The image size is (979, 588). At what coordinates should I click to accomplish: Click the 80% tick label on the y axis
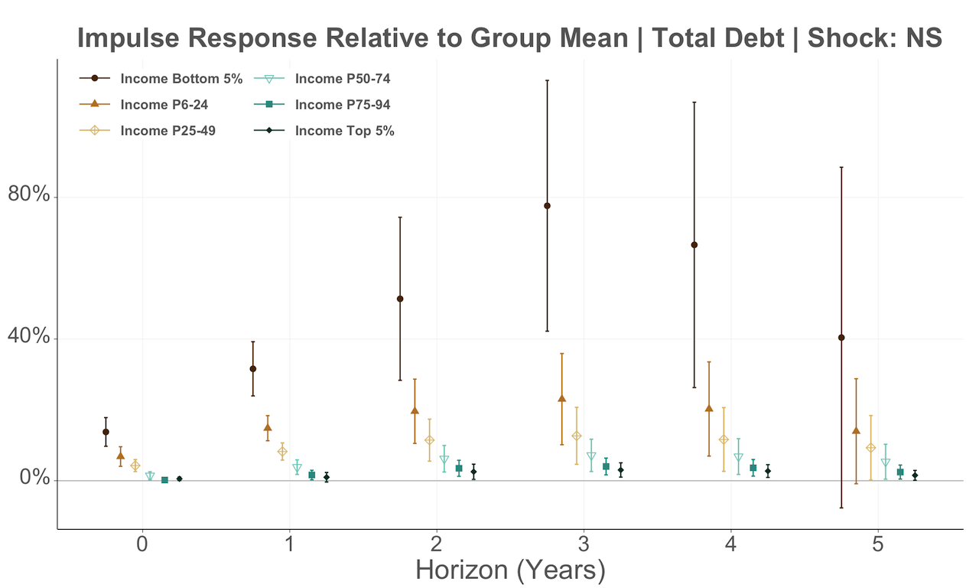tap(29, 196)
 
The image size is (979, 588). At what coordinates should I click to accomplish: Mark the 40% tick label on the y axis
tap(29, 338)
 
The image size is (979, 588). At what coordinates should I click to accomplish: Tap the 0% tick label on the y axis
tap(34, 480)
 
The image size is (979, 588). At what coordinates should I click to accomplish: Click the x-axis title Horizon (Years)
tap(510, 570)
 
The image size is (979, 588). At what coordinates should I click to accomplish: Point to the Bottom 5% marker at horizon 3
tap(547, 206)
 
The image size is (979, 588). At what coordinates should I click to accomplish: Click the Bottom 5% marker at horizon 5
tap(841, 338)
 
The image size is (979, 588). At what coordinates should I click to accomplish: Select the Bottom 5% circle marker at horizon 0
tap(106, 432)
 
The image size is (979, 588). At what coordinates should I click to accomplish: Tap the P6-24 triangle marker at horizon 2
tap(415, 410)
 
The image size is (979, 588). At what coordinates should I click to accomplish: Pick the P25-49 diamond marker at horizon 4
tap(724, 439)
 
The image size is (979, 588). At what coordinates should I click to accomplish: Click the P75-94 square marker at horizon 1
tap(312, 475)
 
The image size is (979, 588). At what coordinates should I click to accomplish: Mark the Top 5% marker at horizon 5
tap(915, 475)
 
